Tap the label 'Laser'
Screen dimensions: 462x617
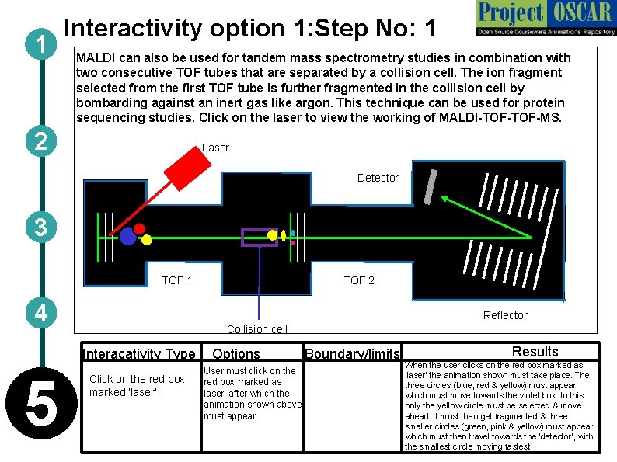click(215, 148)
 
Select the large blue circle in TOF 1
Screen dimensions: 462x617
click(128, 236)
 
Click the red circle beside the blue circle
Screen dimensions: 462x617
click(140, 228)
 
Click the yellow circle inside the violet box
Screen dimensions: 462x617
click(272, 234)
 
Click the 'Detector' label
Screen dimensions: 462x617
click(378, 178)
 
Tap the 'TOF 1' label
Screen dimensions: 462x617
click(176, 280)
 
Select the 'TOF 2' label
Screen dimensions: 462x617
click(359, 280)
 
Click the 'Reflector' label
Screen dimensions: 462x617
click(505, 315)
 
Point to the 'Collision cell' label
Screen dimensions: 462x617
click(257, 329)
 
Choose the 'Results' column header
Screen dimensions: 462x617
click(535, 352)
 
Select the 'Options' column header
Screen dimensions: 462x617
click(236, 354)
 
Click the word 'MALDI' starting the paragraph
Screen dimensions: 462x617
click(94, 58)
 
